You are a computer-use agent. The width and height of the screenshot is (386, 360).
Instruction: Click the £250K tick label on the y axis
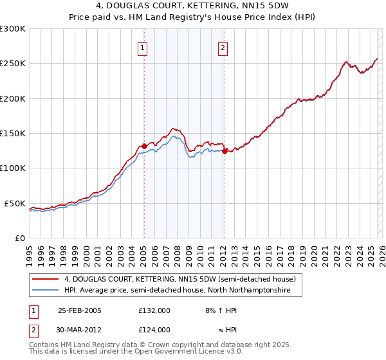(x=13, y=64)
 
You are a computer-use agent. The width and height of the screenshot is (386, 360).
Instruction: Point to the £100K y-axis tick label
(x=13, y=168)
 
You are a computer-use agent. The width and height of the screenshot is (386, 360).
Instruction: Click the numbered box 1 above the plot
(x=142, y=47)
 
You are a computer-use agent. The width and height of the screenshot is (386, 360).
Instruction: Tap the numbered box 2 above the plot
(x=223, y=47)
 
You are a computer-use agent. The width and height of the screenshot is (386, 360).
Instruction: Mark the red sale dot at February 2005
(x=144, y=146)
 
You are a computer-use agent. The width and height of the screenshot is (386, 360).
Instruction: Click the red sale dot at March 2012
(x=225, y=151)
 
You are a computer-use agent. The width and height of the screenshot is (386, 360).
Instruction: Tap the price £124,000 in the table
(x=154, y=330)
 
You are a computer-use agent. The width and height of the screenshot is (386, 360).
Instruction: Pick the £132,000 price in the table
(x=154, y=310)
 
